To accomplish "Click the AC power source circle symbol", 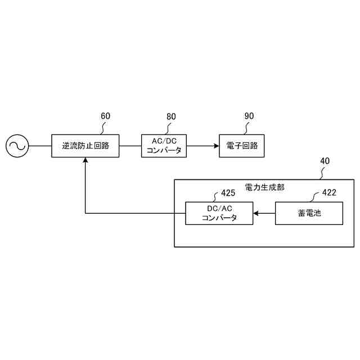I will click(x=17, y=146).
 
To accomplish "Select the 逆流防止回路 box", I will click(x=85, y=146).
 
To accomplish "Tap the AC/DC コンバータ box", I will click(x=163, y=146).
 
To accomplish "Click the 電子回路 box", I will click(x=241, y=146).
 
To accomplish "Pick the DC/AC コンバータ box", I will click(x=219, y=214).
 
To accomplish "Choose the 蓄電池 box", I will click(x=309, y=214).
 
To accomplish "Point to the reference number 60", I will click(x=105, y=116).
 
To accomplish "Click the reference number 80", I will click(x=171, y=116).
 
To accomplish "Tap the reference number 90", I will click(x=249, y=116).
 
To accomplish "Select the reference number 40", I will click(x=325, y=161).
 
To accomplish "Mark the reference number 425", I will click(x=228, y=193).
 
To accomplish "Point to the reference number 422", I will click(x=330, y=193).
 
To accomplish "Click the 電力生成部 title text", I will click(x=264, y=187).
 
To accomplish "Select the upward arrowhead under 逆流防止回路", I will click(x=85, y=161).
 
